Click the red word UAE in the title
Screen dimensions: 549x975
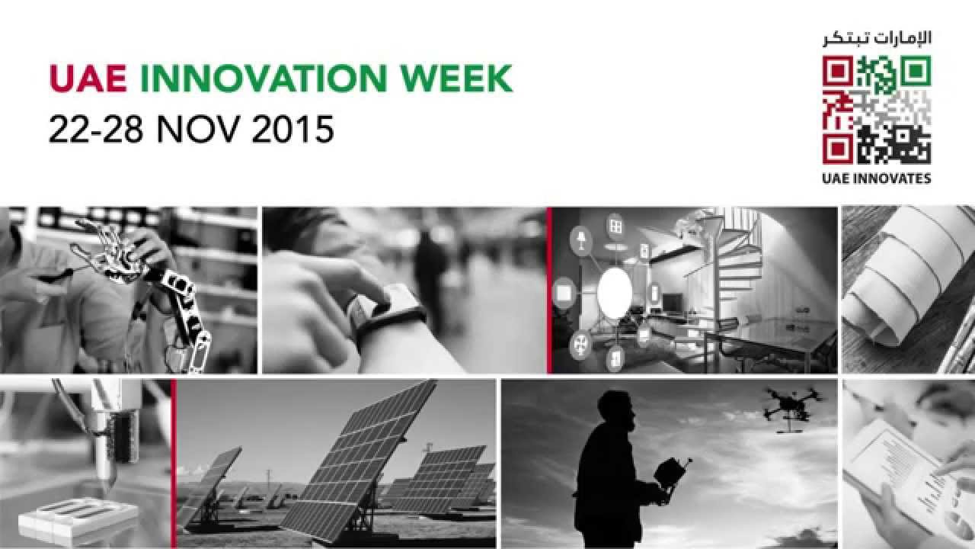[x=87, y=79]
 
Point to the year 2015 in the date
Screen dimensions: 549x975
[x=292, y=129]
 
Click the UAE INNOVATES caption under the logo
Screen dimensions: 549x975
[x=877, y=178]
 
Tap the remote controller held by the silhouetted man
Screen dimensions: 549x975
[x=670, y=473]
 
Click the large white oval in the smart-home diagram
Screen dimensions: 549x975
[x=614, y=294]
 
